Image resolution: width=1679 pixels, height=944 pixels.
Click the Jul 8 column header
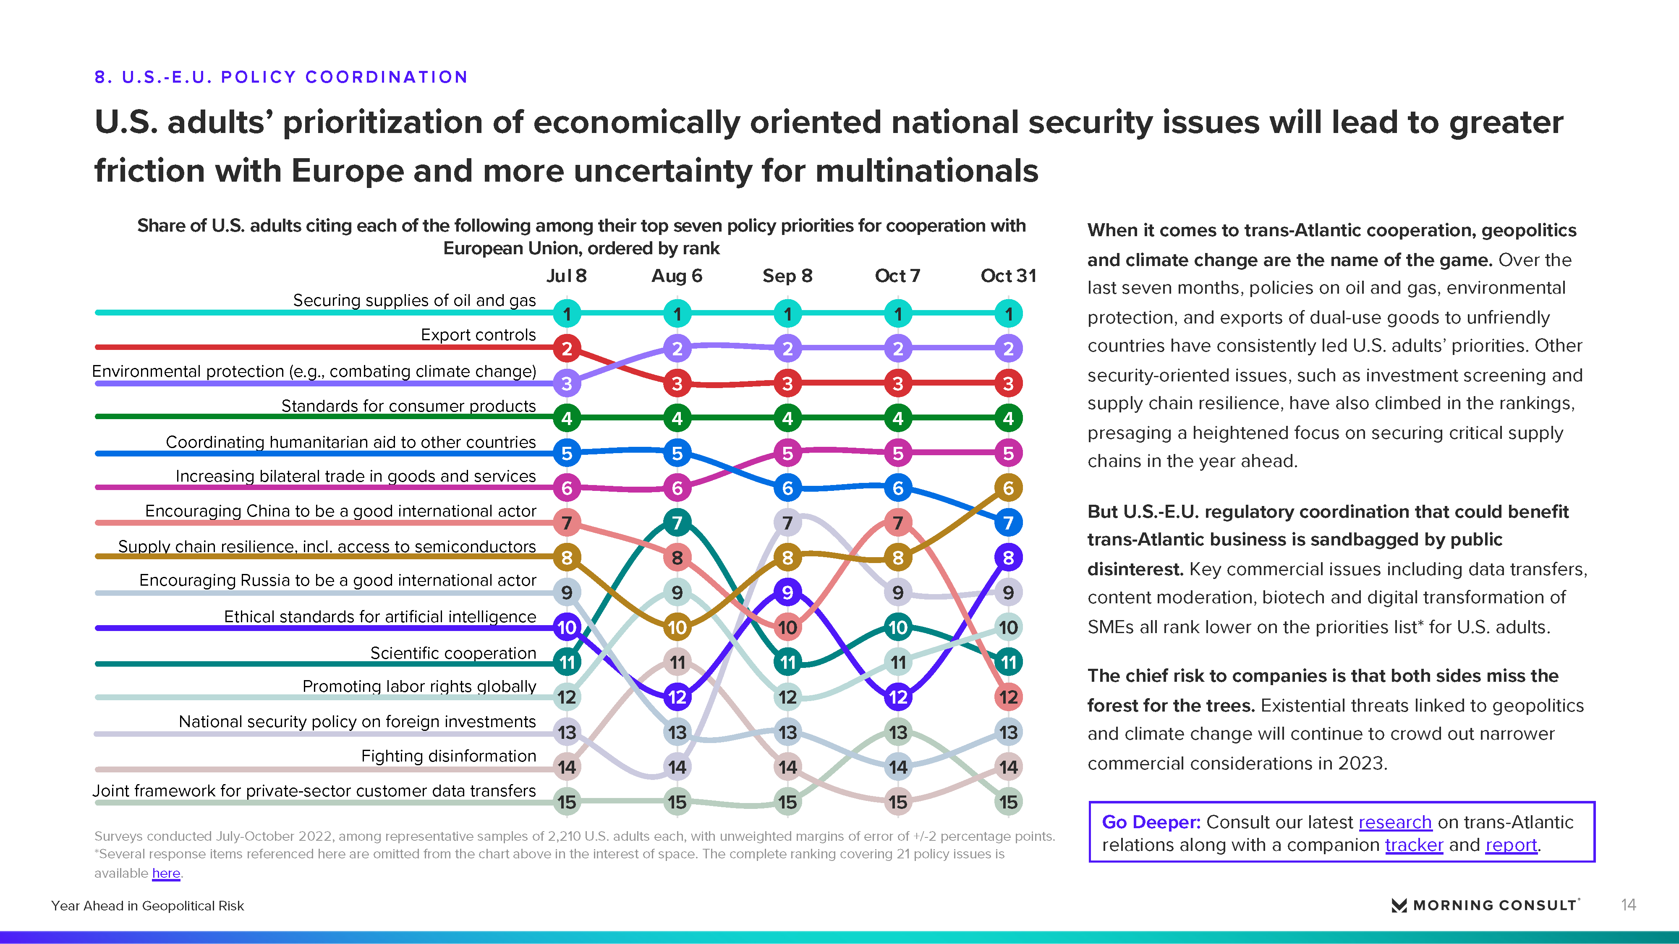(x=566, y=276)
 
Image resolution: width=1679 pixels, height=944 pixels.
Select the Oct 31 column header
(x=1008, y=276)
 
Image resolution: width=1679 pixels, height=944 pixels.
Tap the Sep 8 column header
(x=787, y=276)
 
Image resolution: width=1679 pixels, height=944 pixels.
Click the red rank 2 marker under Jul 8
(x=566, y=349)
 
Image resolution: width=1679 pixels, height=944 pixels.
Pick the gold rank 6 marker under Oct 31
(x=1008, y=488)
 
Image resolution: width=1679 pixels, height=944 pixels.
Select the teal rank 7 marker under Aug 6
(x=677, y=522)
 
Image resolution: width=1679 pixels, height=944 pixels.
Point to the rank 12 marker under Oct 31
(x=1008, y=697)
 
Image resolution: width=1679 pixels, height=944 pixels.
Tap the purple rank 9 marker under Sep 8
(x=787, y=592)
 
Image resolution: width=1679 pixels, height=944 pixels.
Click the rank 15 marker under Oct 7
(x=898, y=802)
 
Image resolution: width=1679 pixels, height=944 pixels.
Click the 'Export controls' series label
(x=479, y=334)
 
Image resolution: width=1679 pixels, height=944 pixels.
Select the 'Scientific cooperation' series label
(x=453, y=653)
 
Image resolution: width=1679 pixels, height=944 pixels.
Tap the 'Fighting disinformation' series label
(x=448, y=756)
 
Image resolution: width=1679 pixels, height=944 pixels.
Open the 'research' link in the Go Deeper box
(x=1395, y=822)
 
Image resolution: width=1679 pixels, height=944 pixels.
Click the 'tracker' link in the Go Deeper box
(x=1414, y=845)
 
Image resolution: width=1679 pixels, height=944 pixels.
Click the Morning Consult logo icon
(x=1399, y=905)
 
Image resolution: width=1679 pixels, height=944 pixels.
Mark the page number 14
(x=1628, y=905)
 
